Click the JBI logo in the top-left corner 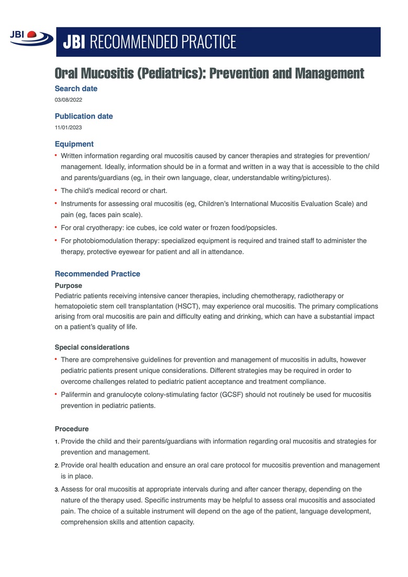click(x=30, y=37)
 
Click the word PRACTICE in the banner click(x=208, y=41)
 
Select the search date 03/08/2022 click(x=68, y=100)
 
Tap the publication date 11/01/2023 click(x=68, y=127)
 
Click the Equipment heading click(x=74, y=144)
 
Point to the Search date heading click(x=76, y=89)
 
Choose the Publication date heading click(x=83, y=116)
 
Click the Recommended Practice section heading click(x=97, y=274)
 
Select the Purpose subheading click(x=68, y=286)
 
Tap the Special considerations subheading click(x=92, y=347)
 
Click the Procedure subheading click(x=71, y=429)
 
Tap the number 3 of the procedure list click(x=57, y=489)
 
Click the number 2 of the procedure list click(x=57, y=466)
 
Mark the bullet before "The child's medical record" click(x=56, y=190)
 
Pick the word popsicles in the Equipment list click(x=261, y=228)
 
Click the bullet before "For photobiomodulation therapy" click(x=56, y=240)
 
